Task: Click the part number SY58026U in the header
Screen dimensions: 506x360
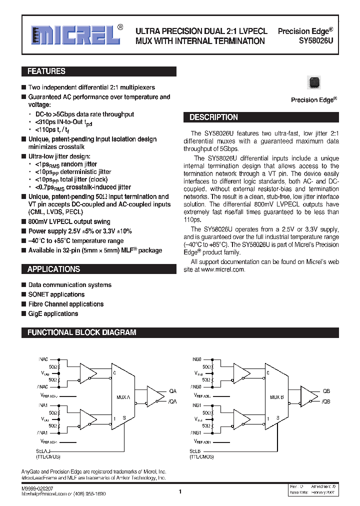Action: tap(315, 41)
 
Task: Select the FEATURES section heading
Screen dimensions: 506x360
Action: tap(46, 71)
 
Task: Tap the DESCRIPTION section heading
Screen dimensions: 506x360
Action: tap(213, 117)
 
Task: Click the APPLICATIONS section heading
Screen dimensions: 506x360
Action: tap(53, 269)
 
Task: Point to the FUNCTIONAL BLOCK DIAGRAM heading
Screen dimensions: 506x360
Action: tap(82, 332)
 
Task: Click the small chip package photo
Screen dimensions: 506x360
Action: tap(314, 82)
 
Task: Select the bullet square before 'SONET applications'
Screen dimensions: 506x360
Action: tap(23, 295)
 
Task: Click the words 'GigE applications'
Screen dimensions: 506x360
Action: tap(53, 314)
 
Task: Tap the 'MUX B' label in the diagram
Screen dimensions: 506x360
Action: tap(276, 397)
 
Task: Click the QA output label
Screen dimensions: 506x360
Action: tap(173, 391)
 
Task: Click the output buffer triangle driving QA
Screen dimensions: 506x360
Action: tap(156, 396)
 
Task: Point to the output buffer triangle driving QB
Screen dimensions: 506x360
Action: tap(310, 396)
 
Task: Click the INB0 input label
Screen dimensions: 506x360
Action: tap(196, 359)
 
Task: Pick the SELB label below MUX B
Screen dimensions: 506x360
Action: tap(195, 451)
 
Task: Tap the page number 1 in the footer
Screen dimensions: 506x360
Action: tap(179, 492)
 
